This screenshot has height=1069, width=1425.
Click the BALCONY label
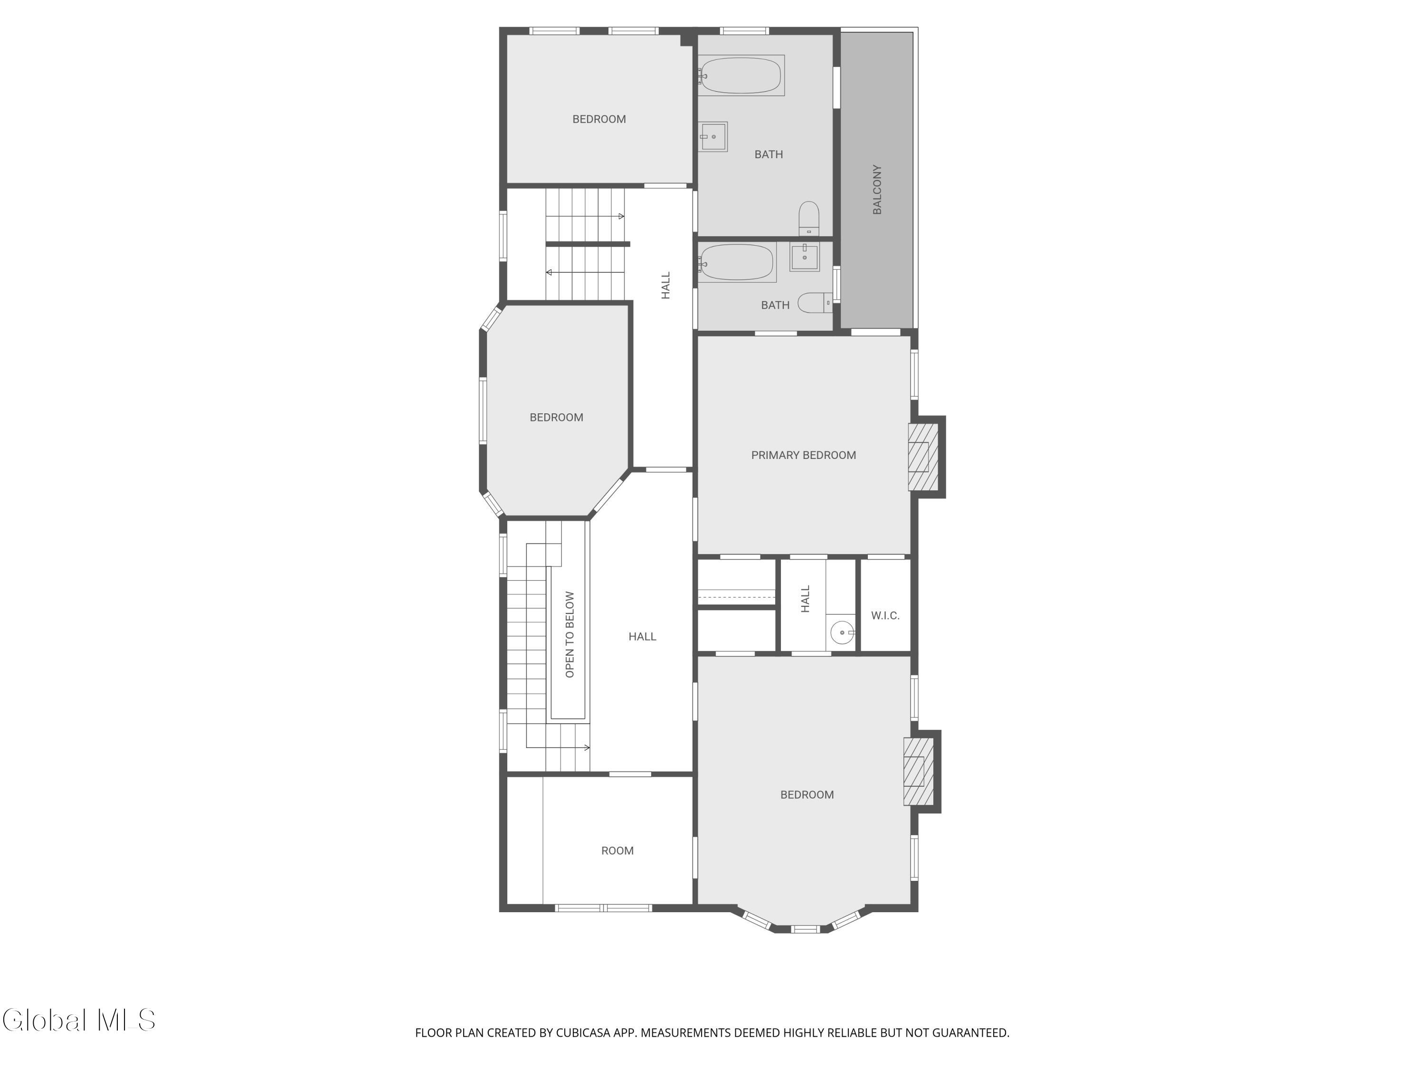pos(877,190)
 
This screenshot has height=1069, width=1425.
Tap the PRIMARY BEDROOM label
pos(803,455)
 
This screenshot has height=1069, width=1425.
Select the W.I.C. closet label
pos(885,615)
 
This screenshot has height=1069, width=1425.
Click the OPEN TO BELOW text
pos(570,635)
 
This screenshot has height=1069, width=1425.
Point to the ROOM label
pos(617,850)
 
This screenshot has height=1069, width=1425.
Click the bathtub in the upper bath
pos(741,76)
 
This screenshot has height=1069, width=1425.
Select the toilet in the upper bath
pos(809,219)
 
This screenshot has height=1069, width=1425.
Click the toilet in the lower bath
pos(815,303)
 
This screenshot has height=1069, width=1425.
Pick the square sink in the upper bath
pos(714,137)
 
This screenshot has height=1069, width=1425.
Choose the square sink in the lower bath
pos(805,257)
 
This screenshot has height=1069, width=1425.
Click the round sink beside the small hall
pos(841,633)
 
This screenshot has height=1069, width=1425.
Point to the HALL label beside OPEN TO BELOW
pos(642,637)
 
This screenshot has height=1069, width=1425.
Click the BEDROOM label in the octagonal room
pos(557,418)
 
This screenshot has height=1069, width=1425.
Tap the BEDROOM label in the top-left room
pos(599,119)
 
